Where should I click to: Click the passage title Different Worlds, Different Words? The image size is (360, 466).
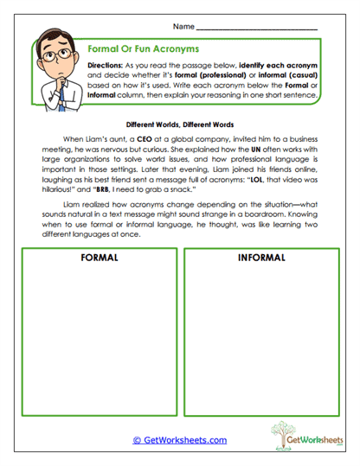pyautogui.click(x=179, y=122)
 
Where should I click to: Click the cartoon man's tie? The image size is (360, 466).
pyautogui.click(x=54, y=94)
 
